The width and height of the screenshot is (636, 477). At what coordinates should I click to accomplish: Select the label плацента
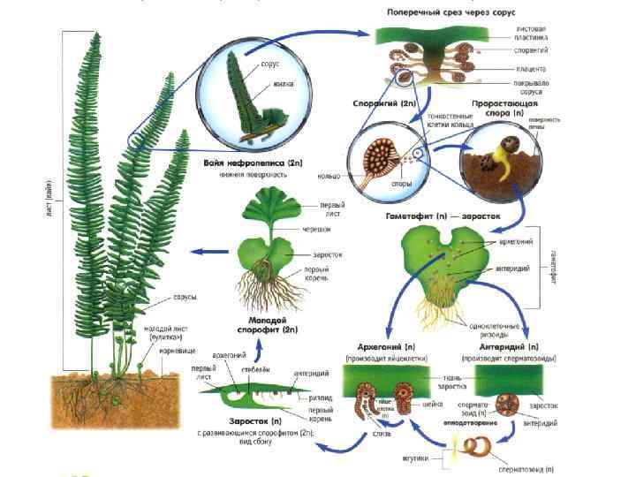click(534, 68)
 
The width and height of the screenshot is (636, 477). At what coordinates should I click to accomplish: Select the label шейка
click(433, 405)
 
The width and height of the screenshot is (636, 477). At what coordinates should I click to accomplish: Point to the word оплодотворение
click(466, 423)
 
